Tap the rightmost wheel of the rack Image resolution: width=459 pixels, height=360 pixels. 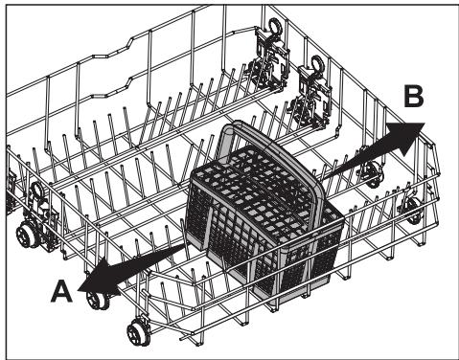pos(413,212)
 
